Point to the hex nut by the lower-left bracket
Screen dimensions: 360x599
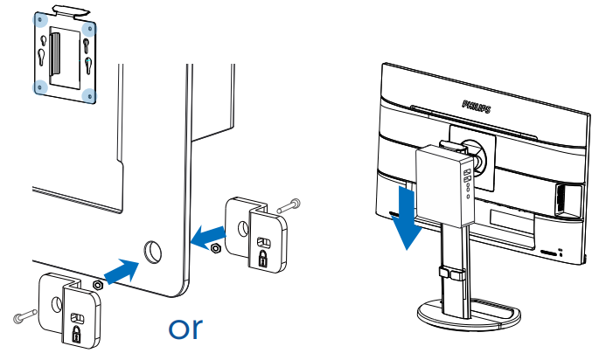point(98,284)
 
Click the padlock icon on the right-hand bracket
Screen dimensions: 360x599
point(262,256)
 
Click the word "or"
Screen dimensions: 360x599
point(185,329)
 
